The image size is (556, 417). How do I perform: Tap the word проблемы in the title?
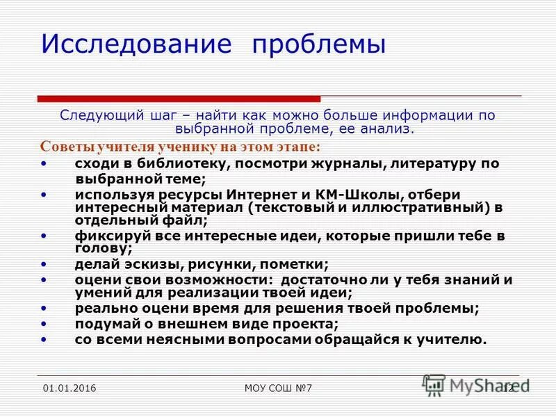point(318,45)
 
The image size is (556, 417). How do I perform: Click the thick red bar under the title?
point(179,99)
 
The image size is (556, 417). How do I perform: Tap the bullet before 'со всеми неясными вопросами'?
point(44,339)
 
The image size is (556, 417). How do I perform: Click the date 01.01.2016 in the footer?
point(69,388)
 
